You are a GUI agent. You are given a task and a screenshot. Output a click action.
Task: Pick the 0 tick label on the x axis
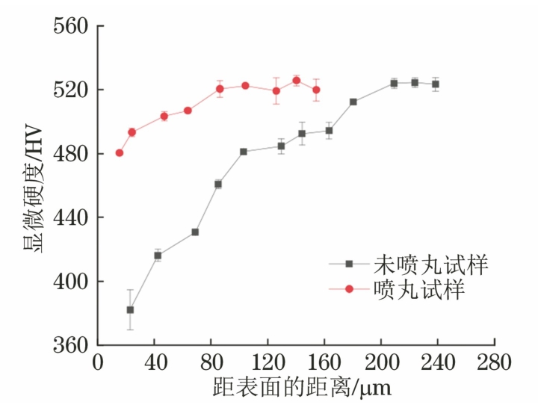[98, 364]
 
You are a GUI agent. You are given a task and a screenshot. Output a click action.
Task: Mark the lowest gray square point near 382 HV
[130, 309]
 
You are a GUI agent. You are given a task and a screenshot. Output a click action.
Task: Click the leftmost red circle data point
[120, 153]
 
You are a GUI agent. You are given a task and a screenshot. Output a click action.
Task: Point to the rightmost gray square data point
[436, 84]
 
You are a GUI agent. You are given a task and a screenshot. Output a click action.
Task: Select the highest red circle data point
[297, 80]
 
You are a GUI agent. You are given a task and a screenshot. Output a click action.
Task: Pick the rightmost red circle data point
[316, 90]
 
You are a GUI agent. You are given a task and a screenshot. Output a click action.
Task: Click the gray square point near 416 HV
[158, 256]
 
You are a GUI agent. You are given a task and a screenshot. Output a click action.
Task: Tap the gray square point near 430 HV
[195, 232]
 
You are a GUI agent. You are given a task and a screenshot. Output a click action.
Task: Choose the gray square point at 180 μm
[353, 102]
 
